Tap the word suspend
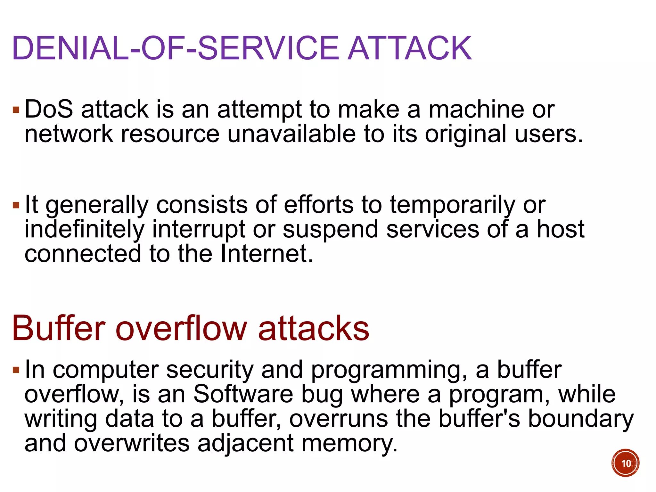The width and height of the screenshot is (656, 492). click(x=330, y=230)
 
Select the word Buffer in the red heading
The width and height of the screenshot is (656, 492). click(x=59, y=329)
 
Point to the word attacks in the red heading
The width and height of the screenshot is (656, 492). click(x=314, y=329)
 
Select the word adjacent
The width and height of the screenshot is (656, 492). click(x=245, y=444)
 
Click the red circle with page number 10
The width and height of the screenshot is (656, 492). click(x=625, y=463)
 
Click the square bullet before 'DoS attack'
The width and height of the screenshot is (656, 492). click(x=16, y=111)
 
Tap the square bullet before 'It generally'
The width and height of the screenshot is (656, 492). click(x=16, y=205)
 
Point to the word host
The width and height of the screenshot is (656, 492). click(x=561, y=229)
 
